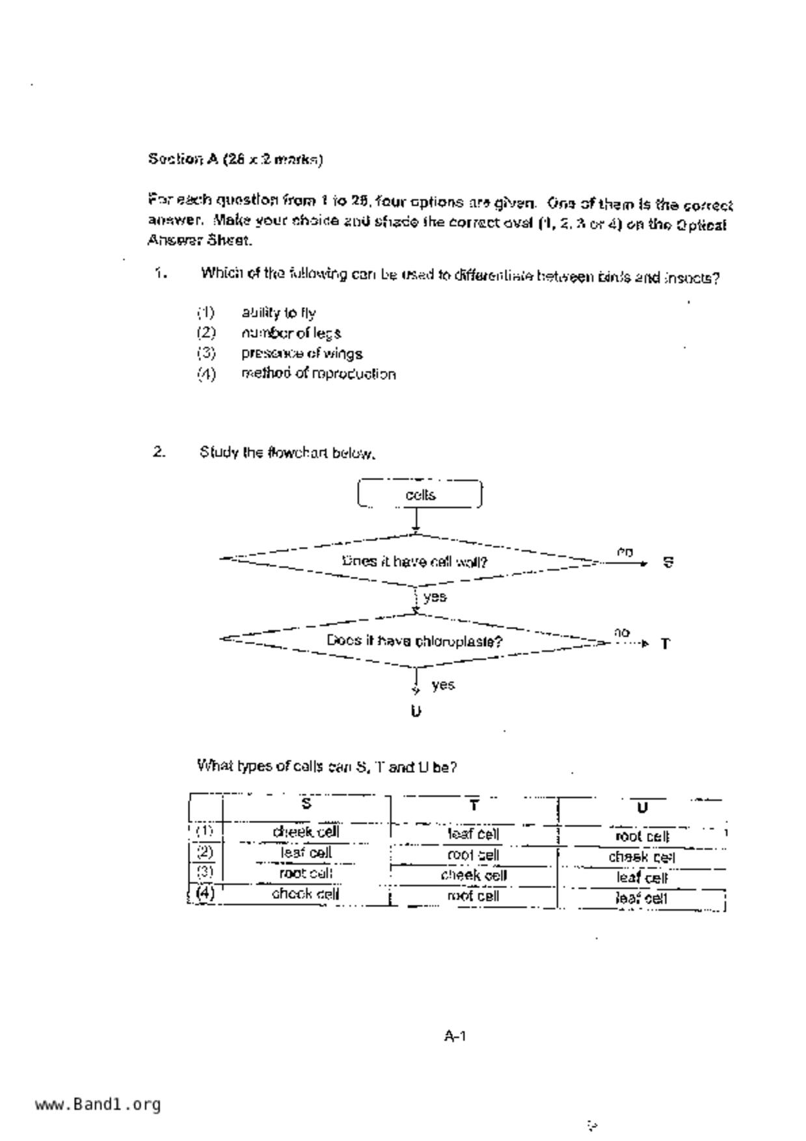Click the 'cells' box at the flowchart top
coord(420,494)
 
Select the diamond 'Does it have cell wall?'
coord(414,561)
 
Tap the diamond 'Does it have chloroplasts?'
coord(414,641)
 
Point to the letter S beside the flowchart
coord(667,562)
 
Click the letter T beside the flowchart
coord(665,644)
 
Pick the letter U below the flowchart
coord(416,711)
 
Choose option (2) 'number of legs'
coord(291,333)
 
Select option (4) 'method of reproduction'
coord(318,374)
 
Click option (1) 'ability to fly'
coord(278,313)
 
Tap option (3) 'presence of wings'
coord(302,353)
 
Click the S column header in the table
coord(306,804)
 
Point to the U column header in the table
coord(642,808)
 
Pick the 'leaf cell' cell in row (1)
coord(474,834)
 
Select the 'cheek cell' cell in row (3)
coord(474,876)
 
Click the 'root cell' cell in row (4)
coord(474,896)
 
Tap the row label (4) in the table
coord(205,893)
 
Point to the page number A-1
coord(455,1036)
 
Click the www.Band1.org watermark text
coord(98,1105)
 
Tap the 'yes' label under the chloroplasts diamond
coord(442,685)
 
